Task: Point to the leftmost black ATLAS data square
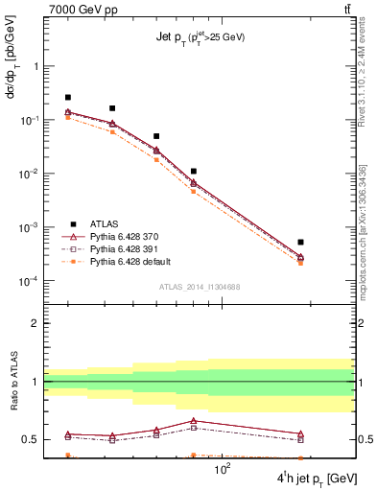(68, 97)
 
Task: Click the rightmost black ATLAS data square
(300, 242)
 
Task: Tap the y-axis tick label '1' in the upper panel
(35, 67)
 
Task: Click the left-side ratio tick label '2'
(35, 323)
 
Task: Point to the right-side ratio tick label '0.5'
(365, 440)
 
